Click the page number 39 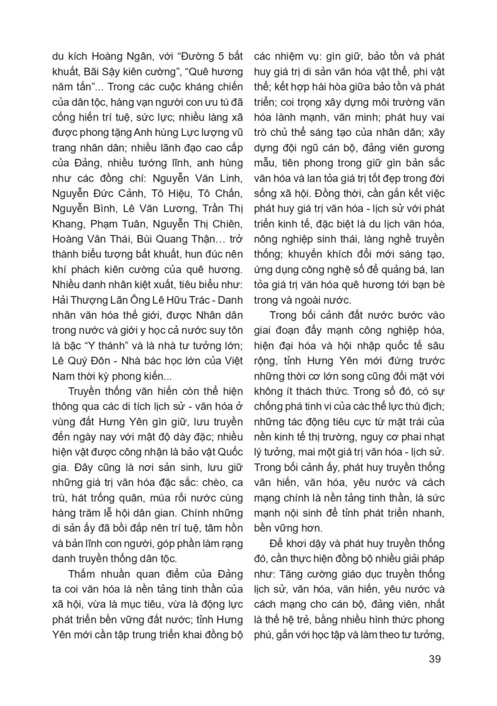tap(435, 658)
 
